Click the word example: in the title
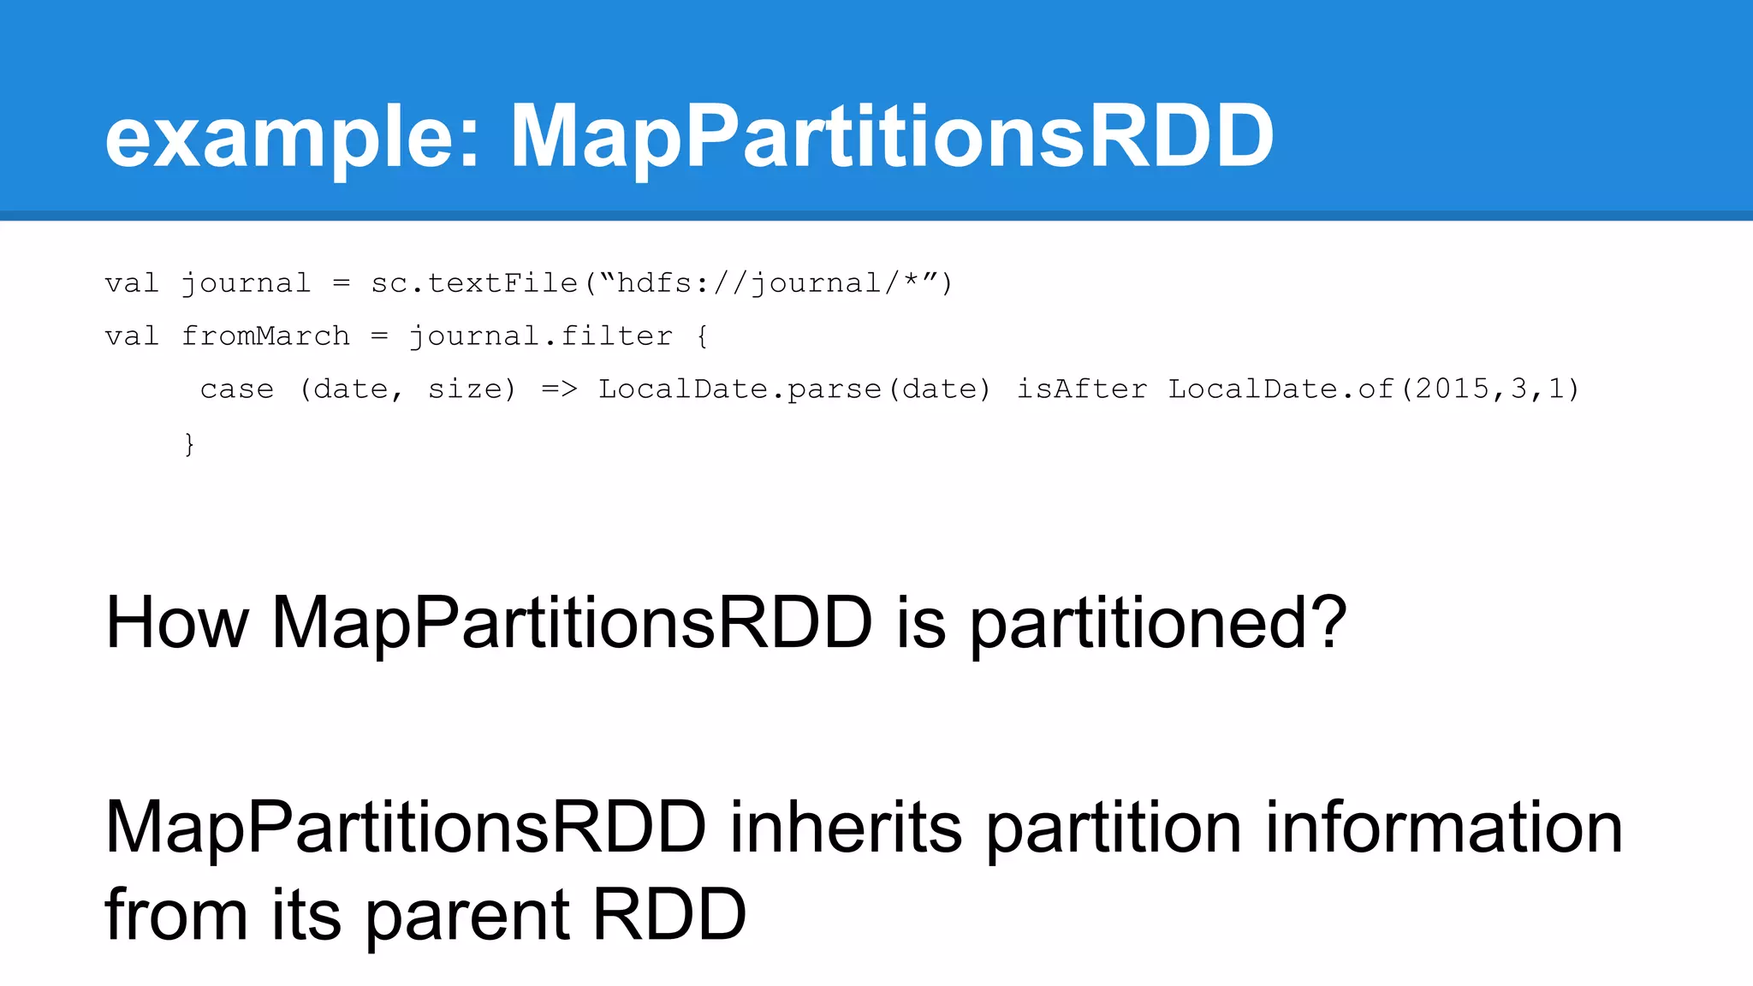point(291,137)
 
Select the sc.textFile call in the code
point(474,283)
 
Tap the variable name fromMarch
point(265,336)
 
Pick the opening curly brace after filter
point(702,336)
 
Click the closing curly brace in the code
point(189,443)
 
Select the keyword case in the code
point(237,389)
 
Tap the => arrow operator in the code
point(560,389)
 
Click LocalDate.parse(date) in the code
point(794,389)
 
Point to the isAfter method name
point(1082,389)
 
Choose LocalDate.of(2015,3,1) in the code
point(1374,389)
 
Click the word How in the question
point(177,623)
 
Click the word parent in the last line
point(467,916)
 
